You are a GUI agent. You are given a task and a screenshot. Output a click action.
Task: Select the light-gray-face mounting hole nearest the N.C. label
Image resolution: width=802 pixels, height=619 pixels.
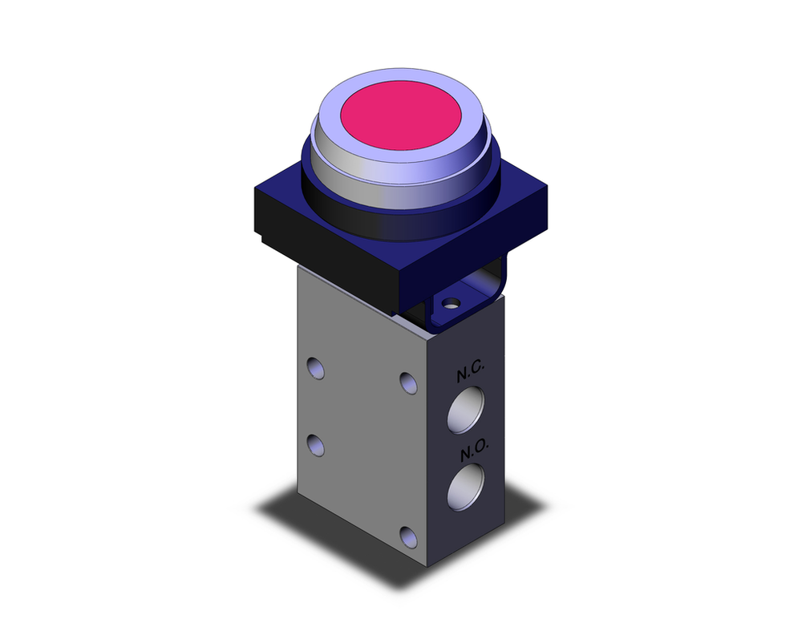click(409, 382)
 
